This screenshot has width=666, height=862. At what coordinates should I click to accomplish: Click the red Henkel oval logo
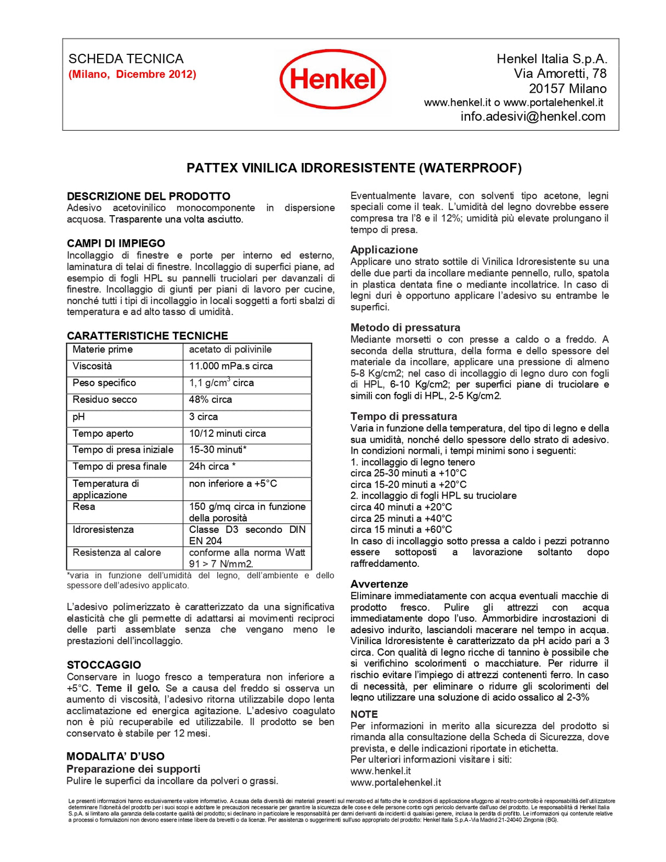332,79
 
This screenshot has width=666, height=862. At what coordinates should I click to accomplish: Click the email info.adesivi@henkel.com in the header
533,116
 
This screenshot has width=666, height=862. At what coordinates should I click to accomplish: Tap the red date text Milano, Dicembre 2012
132,74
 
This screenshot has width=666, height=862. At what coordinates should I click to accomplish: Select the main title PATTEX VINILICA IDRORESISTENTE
354,168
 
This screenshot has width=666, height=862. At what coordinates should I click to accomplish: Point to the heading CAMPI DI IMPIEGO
116,243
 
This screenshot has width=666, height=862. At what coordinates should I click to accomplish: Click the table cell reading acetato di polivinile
230,350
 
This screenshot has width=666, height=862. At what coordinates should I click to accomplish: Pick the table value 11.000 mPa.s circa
230,366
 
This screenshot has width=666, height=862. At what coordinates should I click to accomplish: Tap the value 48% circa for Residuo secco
210,399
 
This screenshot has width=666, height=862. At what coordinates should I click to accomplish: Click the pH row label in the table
79,416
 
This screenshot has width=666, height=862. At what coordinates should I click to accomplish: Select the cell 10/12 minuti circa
227,433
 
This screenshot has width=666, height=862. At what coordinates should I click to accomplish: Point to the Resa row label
84,506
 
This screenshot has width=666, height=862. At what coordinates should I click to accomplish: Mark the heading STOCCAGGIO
104,665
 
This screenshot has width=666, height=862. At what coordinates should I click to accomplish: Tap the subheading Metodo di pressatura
405,328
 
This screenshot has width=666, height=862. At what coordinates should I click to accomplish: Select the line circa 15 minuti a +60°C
401,529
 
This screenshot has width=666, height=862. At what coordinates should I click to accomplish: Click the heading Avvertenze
379,584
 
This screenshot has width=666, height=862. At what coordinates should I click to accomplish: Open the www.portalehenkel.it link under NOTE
396,782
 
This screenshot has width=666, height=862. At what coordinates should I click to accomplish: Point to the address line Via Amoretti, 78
560,74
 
